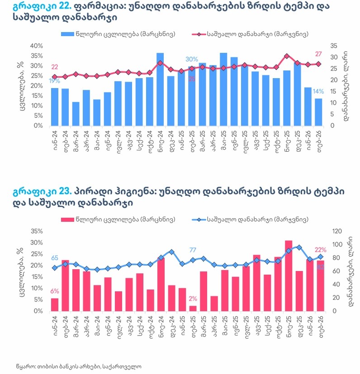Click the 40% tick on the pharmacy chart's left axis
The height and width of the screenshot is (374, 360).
click(x=37, y=46)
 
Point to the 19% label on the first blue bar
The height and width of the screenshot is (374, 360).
click(x=54, y=81)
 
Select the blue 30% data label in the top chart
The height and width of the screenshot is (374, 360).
click(x=192, y=60)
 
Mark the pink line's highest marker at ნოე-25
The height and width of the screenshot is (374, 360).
click(x=287, y=56)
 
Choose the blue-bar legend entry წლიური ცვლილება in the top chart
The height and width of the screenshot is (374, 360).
click(x=118, y=34)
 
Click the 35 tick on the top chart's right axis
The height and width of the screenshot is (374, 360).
click(x=334, y=46)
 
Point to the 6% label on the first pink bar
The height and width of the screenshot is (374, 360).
click(x=54, y=291)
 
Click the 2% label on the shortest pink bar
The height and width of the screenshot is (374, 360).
click(x=193, y=299)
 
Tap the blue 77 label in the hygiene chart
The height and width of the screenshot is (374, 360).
click(x=193, y=250)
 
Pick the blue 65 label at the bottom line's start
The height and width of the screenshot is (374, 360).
click(x=54, y=258)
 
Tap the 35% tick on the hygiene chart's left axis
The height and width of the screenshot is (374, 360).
click(x=37, y=231)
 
